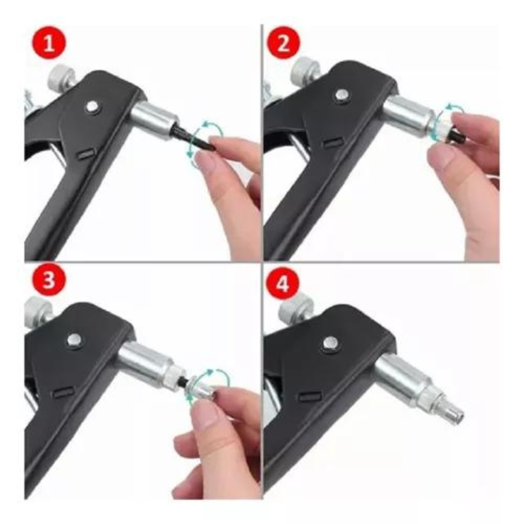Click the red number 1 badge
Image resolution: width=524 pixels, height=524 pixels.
point(49,43)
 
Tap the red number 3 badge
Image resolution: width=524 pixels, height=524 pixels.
point(49,280)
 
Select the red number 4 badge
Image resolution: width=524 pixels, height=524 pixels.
point(283,283)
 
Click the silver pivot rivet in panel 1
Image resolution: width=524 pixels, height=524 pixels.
point(92,107)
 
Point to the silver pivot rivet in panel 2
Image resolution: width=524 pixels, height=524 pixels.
point(342,95)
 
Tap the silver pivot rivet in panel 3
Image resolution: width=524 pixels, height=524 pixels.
point(74,340)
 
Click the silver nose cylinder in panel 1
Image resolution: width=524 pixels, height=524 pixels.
point(153,117)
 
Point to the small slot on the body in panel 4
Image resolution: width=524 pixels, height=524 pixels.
point(310,396)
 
